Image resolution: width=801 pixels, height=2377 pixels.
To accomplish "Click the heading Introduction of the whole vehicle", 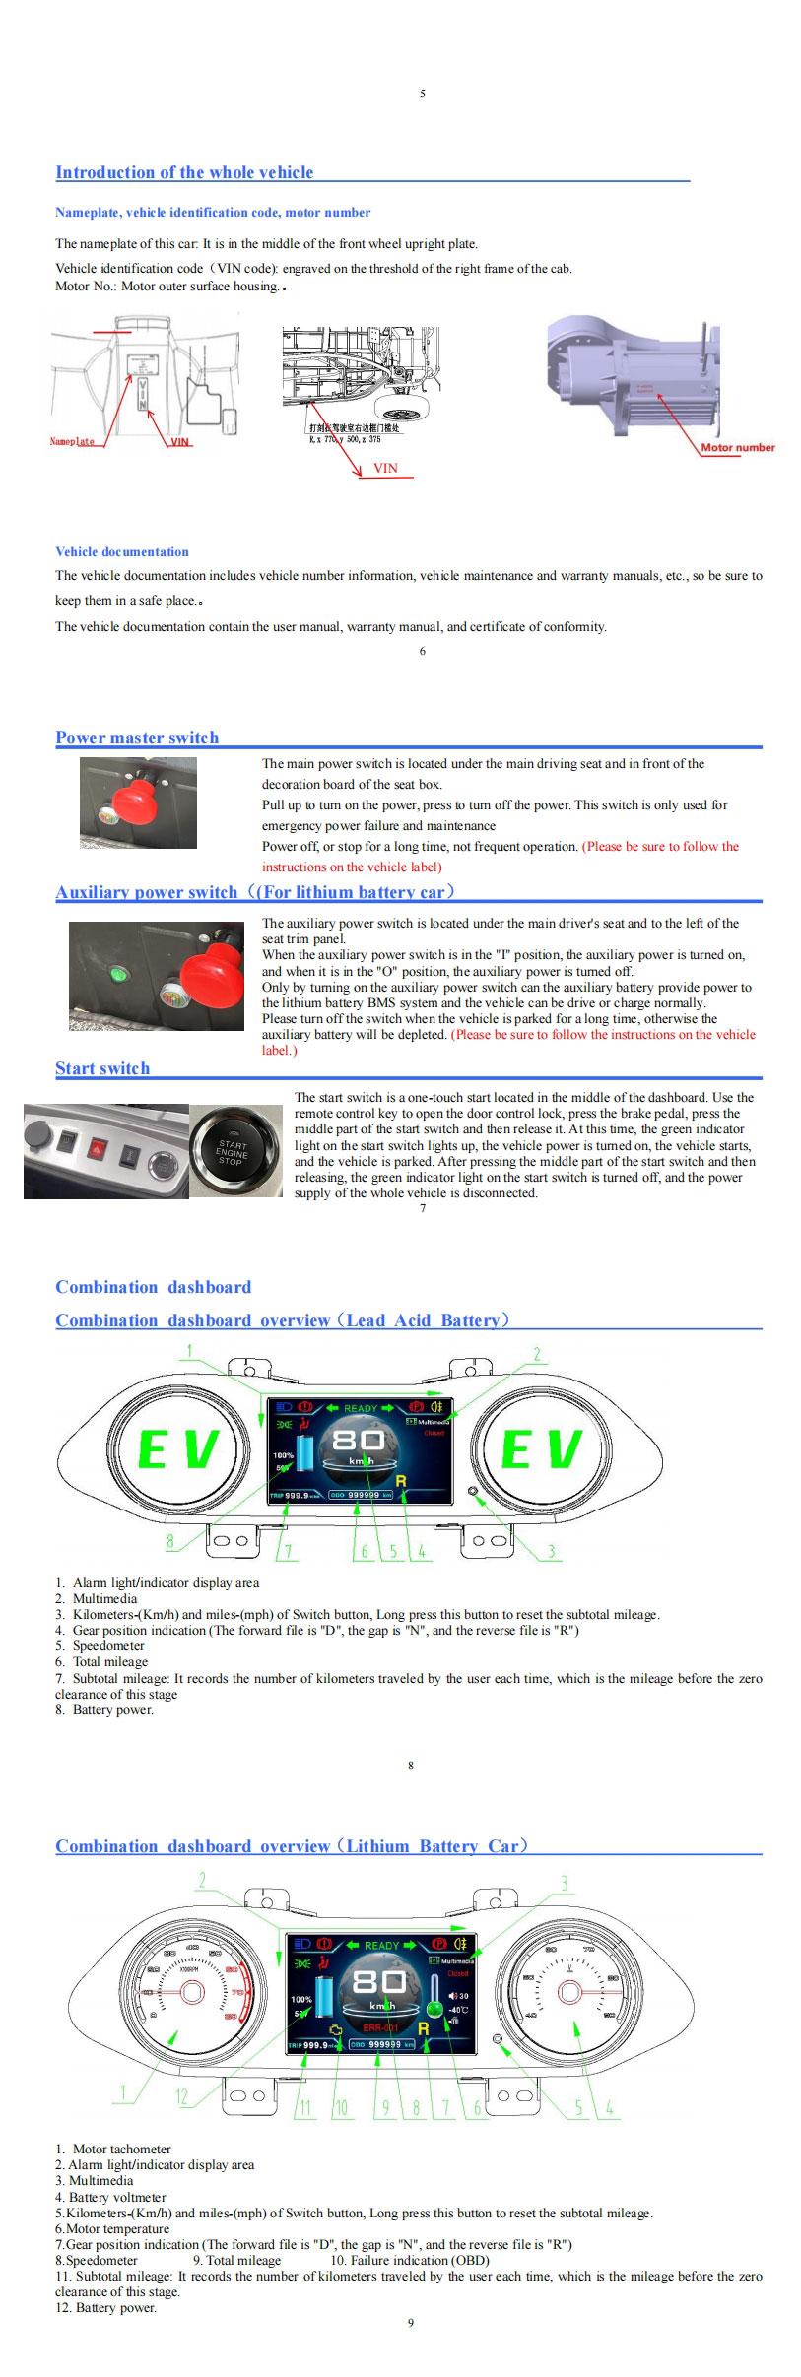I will click(x=184, y=172).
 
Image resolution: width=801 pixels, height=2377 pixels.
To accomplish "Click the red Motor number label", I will click(x=737, y=447).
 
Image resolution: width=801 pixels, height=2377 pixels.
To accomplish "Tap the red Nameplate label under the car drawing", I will click(x=72, y=441).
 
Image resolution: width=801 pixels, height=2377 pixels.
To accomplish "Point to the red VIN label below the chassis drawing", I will click(x=385, y=468).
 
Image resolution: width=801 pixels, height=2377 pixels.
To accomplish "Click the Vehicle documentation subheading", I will click(x=122, y=551).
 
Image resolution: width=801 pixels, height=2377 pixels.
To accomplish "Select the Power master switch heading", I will click(x=137, y=738).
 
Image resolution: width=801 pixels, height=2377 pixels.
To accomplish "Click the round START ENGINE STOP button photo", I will click(x=233, y=1151).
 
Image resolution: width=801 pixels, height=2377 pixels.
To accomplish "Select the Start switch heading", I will click(x=102, y=1068).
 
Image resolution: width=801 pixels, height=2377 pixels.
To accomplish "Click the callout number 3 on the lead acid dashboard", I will click(x=551, y=1552).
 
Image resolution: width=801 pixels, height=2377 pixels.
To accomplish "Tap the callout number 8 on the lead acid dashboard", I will click(x=169, y=1542).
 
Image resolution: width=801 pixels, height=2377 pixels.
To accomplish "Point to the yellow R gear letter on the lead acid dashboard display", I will click(x=401, y=1480).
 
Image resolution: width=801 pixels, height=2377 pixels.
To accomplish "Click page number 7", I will click(x=423, y=1208).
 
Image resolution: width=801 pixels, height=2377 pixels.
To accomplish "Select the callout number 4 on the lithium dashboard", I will click(x=610, y=2107).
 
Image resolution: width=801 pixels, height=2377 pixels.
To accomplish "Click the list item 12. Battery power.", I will click(x=105, y=2307).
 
